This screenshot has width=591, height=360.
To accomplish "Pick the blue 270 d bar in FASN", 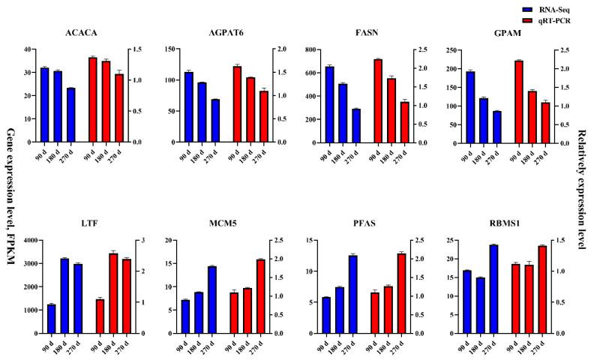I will (x=356, y=125).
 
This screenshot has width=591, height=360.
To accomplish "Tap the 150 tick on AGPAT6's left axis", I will (x=169, y=49).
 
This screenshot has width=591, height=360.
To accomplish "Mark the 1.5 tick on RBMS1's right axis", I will (x=564, y=241).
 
